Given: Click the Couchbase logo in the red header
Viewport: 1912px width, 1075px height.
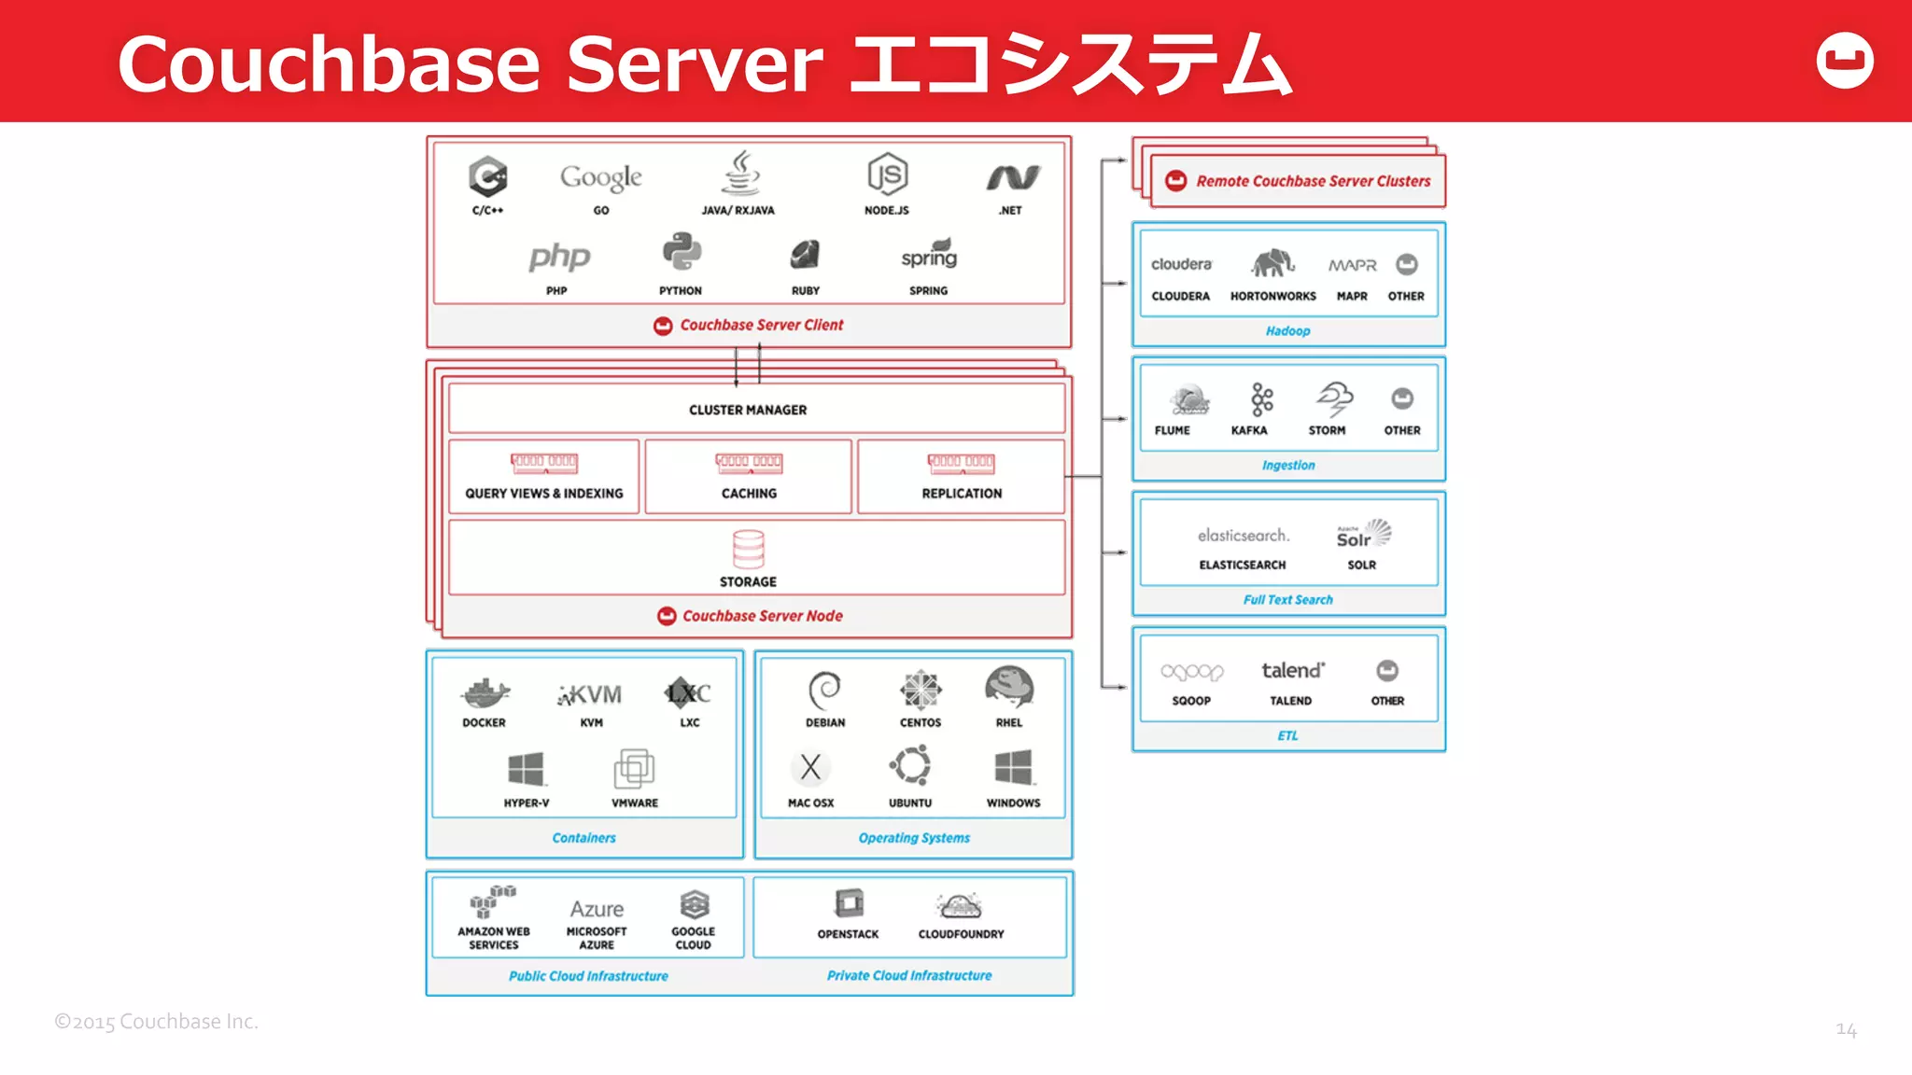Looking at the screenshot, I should pyautogui.click(x=1845, y=61).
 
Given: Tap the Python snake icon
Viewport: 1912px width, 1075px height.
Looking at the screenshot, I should pyautogui.click(x=682, y=253).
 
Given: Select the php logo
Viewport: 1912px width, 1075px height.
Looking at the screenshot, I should pyautogui.click(x=559, y=257).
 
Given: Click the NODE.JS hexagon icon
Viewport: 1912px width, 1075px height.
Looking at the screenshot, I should pyautogui.click(x=887, y=175).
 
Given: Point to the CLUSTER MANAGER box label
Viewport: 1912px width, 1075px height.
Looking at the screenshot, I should pyautogui.click(x=748, y=410).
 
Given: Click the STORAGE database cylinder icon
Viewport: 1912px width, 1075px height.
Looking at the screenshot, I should pyautogui.click(x=748, y=550).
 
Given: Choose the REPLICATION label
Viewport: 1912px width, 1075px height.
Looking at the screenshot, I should pyautogui.click(x=962, y=494).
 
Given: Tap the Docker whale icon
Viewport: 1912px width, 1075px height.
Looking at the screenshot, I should pyautogui.click(x=485, y=693).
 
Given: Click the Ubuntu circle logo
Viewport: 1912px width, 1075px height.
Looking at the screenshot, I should pyautogui.click(x=910, y=766).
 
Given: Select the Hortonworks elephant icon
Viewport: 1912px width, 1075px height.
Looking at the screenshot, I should pyautogui.click(x=1272, y=264).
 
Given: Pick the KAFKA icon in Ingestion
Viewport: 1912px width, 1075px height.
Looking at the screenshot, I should pyautogui.click(x=1261, y=399).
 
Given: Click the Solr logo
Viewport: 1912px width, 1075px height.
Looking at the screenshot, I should pyautogui.click(x=1363, y=535).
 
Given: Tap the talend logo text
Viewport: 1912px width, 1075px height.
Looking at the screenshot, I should pyautogui.click(x=1292, y=670).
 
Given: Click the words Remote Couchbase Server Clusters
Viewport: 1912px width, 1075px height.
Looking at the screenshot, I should pyautogui.click(x=1313, y=181).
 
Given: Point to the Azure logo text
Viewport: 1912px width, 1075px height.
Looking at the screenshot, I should pyautogui.click(x=597, y=909).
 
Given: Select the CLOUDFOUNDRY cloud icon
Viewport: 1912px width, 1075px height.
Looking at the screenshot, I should pyautogui.click(x=960, y=905).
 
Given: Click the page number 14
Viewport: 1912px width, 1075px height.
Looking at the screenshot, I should pyautogui.click(x=1846, y=1029).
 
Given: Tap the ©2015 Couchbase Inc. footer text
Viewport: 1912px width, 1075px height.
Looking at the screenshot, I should pyautogui.click(x=156, y=1022).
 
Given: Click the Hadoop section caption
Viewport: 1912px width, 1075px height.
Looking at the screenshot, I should pyautogui.click(x=1287, y=331).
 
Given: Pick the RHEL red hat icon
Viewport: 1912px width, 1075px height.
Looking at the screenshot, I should pyautogui.click(x=1009, y=689).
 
